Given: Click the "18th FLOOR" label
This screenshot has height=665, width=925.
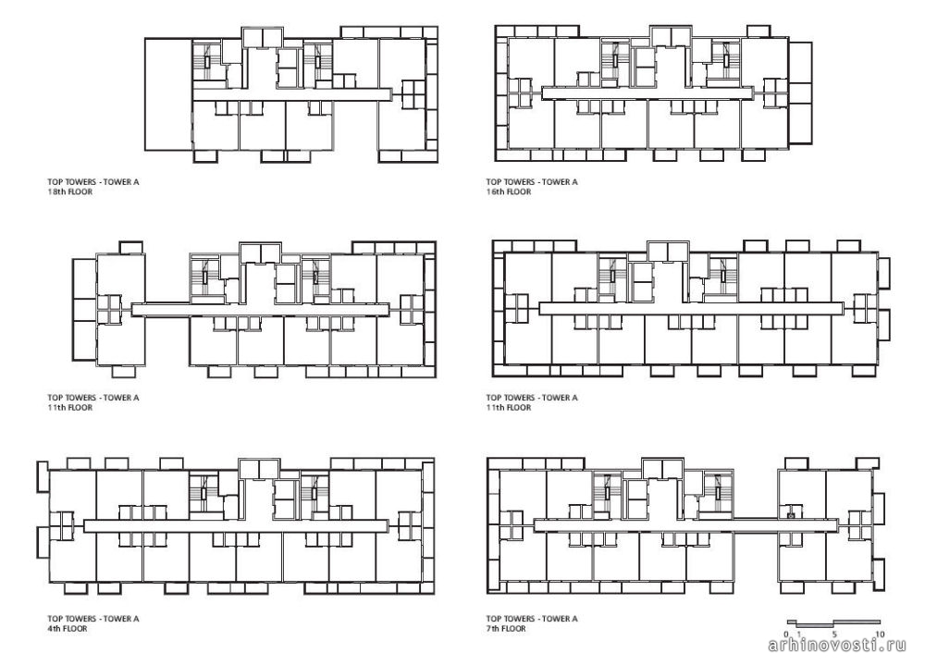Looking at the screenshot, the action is [70, 191].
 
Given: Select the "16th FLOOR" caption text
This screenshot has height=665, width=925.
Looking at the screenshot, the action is [509, 191].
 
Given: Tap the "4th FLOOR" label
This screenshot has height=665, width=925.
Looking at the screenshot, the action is [68, 628].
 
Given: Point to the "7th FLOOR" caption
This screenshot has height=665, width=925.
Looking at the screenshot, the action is [506, 628].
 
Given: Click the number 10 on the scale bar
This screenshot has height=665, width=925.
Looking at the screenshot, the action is [880, 634].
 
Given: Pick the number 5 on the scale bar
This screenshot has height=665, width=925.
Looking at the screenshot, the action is [834, 634].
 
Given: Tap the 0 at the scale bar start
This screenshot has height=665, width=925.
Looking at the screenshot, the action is [787, 634].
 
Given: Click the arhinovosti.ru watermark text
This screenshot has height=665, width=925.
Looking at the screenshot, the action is [837, 646].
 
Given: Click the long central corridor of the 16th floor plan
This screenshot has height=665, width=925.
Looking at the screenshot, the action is [647, 92].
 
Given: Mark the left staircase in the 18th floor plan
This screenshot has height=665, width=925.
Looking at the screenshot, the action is [207, 61].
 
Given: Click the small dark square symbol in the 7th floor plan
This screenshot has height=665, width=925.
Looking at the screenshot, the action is [791, 514].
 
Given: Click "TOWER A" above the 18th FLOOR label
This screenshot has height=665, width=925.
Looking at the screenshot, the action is [121, 181].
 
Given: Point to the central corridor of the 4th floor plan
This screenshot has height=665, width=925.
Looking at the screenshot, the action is [236, 525].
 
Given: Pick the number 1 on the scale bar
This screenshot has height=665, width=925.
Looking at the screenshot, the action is [797, 634].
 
